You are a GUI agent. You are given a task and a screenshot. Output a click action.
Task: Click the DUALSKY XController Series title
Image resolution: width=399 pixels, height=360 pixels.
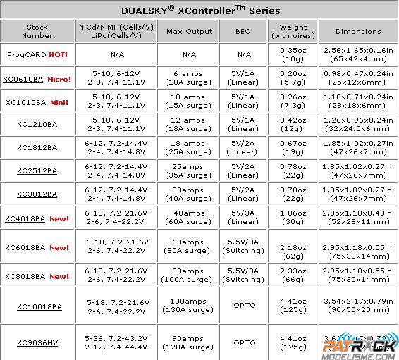pyautogui.click(x=199, y=11)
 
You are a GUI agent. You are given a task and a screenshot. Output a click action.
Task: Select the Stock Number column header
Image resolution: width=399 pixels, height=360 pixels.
pyautogui.click(x=37, y=31)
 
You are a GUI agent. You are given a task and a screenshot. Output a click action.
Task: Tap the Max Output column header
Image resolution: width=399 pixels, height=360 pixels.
pyautogui.click(x=188, y=31)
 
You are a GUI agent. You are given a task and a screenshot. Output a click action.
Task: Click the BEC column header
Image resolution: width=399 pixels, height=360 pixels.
pyautogui.click(x=244, y=31)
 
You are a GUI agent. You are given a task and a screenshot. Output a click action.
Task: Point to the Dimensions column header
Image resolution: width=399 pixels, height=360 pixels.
pyautogui.click(x=357, y=31)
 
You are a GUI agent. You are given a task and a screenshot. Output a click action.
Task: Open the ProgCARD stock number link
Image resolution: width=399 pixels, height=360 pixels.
pyautogui.click(x=26, y=54)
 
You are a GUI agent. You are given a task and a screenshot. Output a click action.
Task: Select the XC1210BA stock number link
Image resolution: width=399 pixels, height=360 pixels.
pyautogui.click(x=37, y=124)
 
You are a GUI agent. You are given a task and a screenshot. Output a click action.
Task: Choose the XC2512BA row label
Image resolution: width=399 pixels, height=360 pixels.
pyautogui.click(x=37, y=170)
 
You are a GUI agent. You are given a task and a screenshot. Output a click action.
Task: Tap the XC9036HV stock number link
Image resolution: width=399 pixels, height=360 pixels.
pyautogui.click(x=37, y=342)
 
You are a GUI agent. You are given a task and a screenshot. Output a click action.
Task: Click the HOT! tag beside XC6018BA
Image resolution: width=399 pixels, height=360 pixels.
pyautogui.click(x=59, y=247)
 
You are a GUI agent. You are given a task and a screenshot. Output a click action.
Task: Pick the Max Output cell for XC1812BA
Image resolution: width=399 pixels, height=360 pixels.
pyautogui.click(x=188, y=147)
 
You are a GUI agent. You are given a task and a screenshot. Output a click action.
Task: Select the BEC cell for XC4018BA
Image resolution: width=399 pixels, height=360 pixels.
pyautogui.click(x=244, y=218)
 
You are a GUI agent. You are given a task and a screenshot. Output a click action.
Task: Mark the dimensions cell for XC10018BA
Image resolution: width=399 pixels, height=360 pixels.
pyautogui.click(x=357, y=306)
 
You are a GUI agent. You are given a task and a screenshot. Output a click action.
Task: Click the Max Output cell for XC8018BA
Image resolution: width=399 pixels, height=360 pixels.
pyautogui.click(x=188, y=275)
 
